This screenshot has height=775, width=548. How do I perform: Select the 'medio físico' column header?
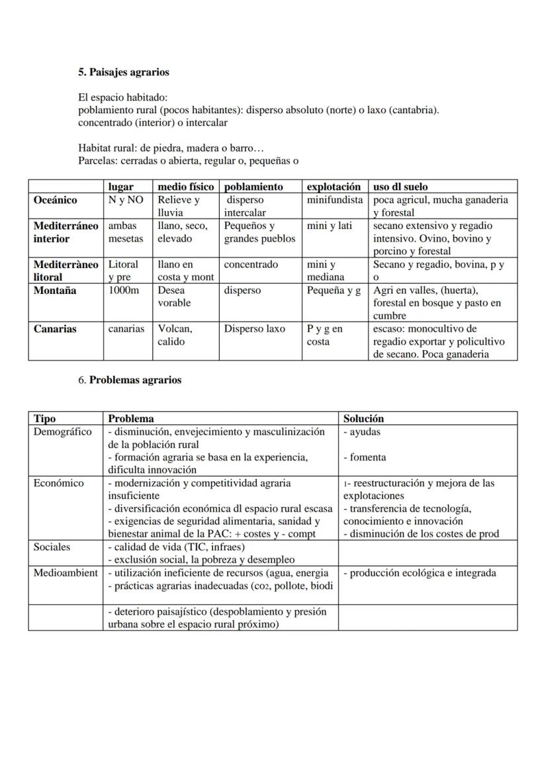pyautogui.click(x=185, y=187)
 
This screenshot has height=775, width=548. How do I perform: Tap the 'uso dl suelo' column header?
pyautogui.click(x=400, y=187)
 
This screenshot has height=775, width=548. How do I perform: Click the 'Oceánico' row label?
pyautogui.click(x=55, y=200)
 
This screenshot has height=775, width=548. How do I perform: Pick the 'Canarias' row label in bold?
pyautogui.click(x=55, y=329)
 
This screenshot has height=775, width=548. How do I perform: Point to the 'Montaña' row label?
pyautogui.click(x=55, y=290)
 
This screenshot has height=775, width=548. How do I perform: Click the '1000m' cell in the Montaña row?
pyautogui.click(x=124, y=290)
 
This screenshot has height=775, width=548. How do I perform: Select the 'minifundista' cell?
pyautogui.click(x=334, y=199)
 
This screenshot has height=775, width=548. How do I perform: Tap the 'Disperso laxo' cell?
pyautogui.click(x=255, y=329)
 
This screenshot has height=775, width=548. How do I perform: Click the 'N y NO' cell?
pyautogui.click(x=126, y=199)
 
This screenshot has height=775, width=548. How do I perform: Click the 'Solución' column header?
pyautogui.click(x=363, y=418)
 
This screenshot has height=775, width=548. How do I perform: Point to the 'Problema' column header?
pyautogui.click(x=131, y=418)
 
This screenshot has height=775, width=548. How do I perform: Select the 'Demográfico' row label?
pyautogui.click(x=63, y=432)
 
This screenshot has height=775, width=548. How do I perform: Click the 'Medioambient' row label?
pyautogui.click(x=66, y=573)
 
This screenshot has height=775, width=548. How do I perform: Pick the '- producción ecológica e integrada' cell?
pyautogui.click(x=420, y=573)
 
